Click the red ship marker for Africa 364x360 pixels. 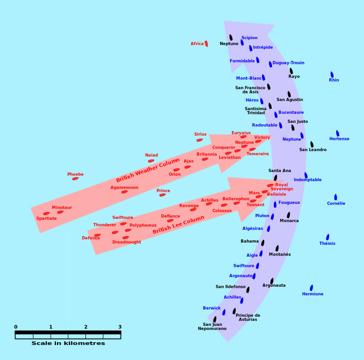click(206, 44)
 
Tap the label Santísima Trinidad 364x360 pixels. click(256, 111)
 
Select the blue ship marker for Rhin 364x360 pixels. click(332, 75)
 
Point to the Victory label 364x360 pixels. click(262, 137)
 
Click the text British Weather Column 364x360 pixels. click(147, 170)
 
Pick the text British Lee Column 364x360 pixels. click(178, 224)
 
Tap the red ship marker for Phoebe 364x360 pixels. click(76, 178)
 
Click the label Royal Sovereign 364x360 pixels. click(282, 187)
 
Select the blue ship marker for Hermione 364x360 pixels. click(311, 288)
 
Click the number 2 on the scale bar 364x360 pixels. click(86, 327)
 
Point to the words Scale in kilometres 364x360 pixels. click(68, 343)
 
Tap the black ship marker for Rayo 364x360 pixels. click(291, 71)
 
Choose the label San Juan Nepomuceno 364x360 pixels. click(212, 326)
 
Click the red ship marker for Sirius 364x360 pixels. click(200, 140)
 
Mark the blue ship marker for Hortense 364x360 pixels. click(338, 133)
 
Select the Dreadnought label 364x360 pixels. click(126, 242)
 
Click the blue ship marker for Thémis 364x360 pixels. click(328, 237)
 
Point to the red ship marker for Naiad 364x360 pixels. click(151, 161)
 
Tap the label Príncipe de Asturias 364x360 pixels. click(248, 317)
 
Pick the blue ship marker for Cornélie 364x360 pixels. click(335, 197)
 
